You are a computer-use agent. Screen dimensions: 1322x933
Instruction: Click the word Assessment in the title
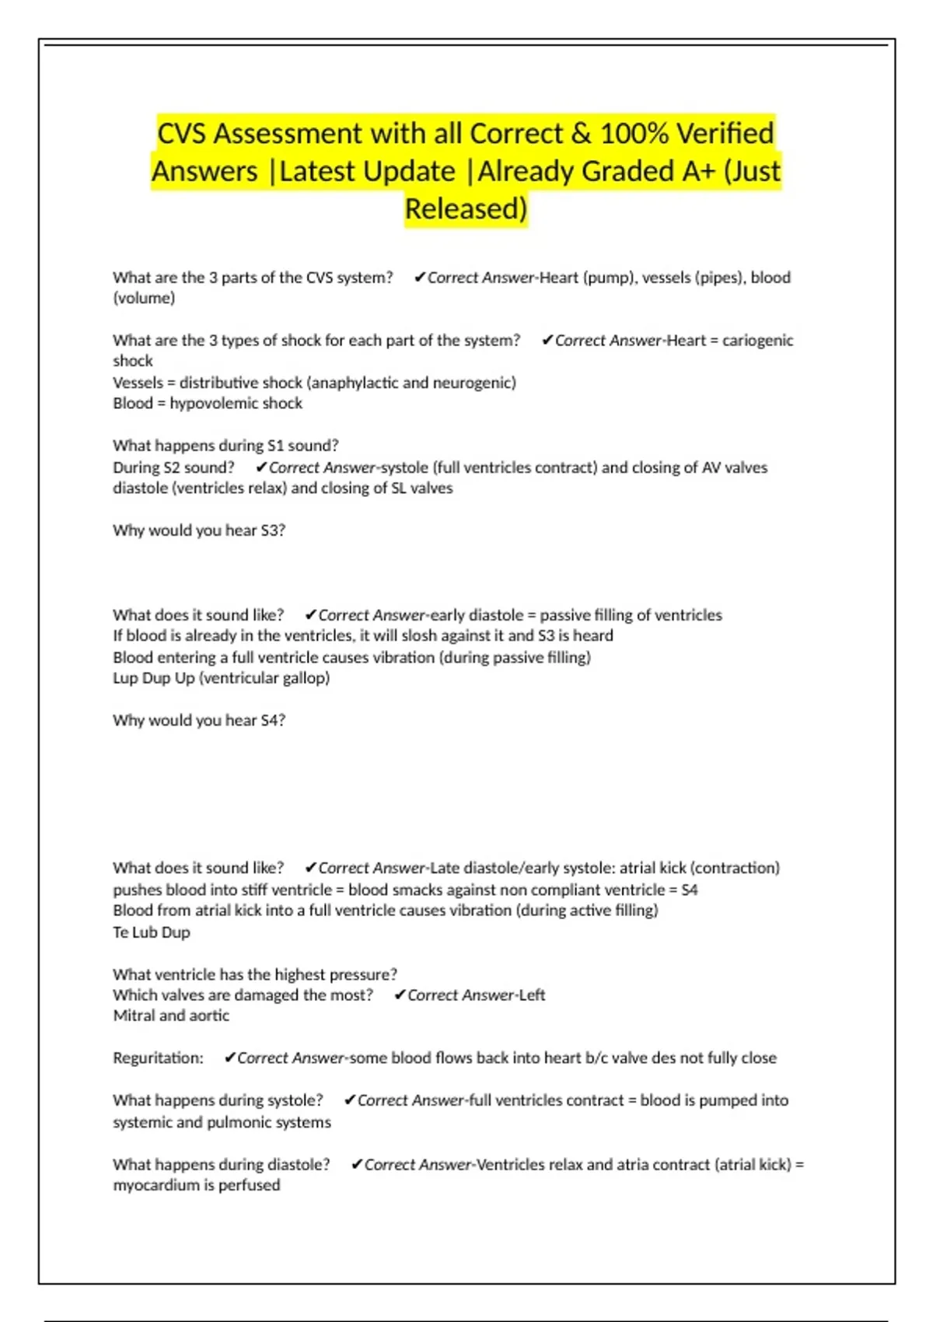tap(288, 134)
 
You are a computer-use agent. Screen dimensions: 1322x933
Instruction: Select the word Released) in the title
tap(466, 208)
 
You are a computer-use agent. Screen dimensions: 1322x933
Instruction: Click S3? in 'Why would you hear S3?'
tap(273, 530)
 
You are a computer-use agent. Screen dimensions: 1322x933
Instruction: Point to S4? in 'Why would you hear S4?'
tap(273, 720)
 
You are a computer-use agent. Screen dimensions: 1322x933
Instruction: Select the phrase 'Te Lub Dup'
tap(152, 932)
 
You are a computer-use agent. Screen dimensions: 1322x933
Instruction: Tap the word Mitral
tap(134, 1016)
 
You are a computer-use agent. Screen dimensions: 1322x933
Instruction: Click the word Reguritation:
tap(158, 1058)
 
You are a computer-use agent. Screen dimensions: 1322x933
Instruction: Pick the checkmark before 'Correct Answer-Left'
tap(400, 995)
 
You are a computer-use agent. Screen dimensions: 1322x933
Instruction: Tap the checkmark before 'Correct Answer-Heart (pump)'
tap(420, 278)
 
